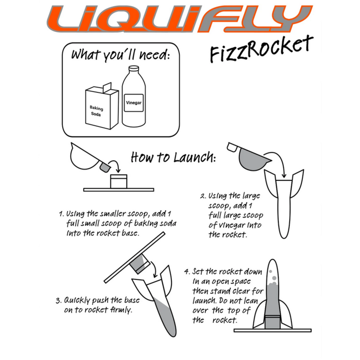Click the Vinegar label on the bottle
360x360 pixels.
(x=134, y=103)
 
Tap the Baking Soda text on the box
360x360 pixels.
(x=96, y=111)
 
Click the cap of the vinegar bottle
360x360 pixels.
(x=134, y=69)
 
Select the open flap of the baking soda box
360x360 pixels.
(x=107, y=88)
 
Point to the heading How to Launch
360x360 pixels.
(x=173, y=157)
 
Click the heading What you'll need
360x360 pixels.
(x=120, y=55)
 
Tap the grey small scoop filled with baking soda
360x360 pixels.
(x=105, y=167)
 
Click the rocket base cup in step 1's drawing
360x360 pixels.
(x=118, y=181)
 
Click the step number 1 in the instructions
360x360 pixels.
(x=61, y=214)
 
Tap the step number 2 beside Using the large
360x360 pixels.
(x=203, y=196)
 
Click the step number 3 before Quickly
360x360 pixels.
(x=59, y=301)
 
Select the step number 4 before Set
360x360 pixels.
(x=187, y=272)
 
